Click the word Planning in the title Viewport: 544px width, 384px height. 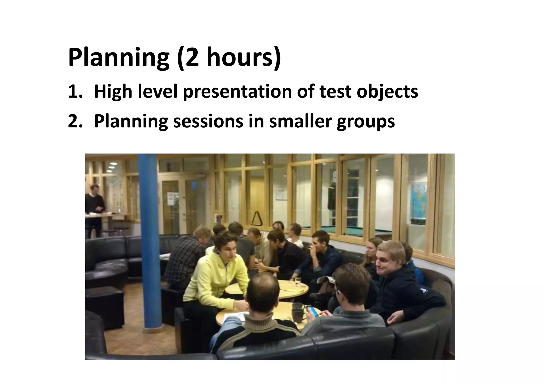[x=118, y=57]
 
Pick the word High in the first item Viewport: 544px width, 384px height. [x=113, y=92]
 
